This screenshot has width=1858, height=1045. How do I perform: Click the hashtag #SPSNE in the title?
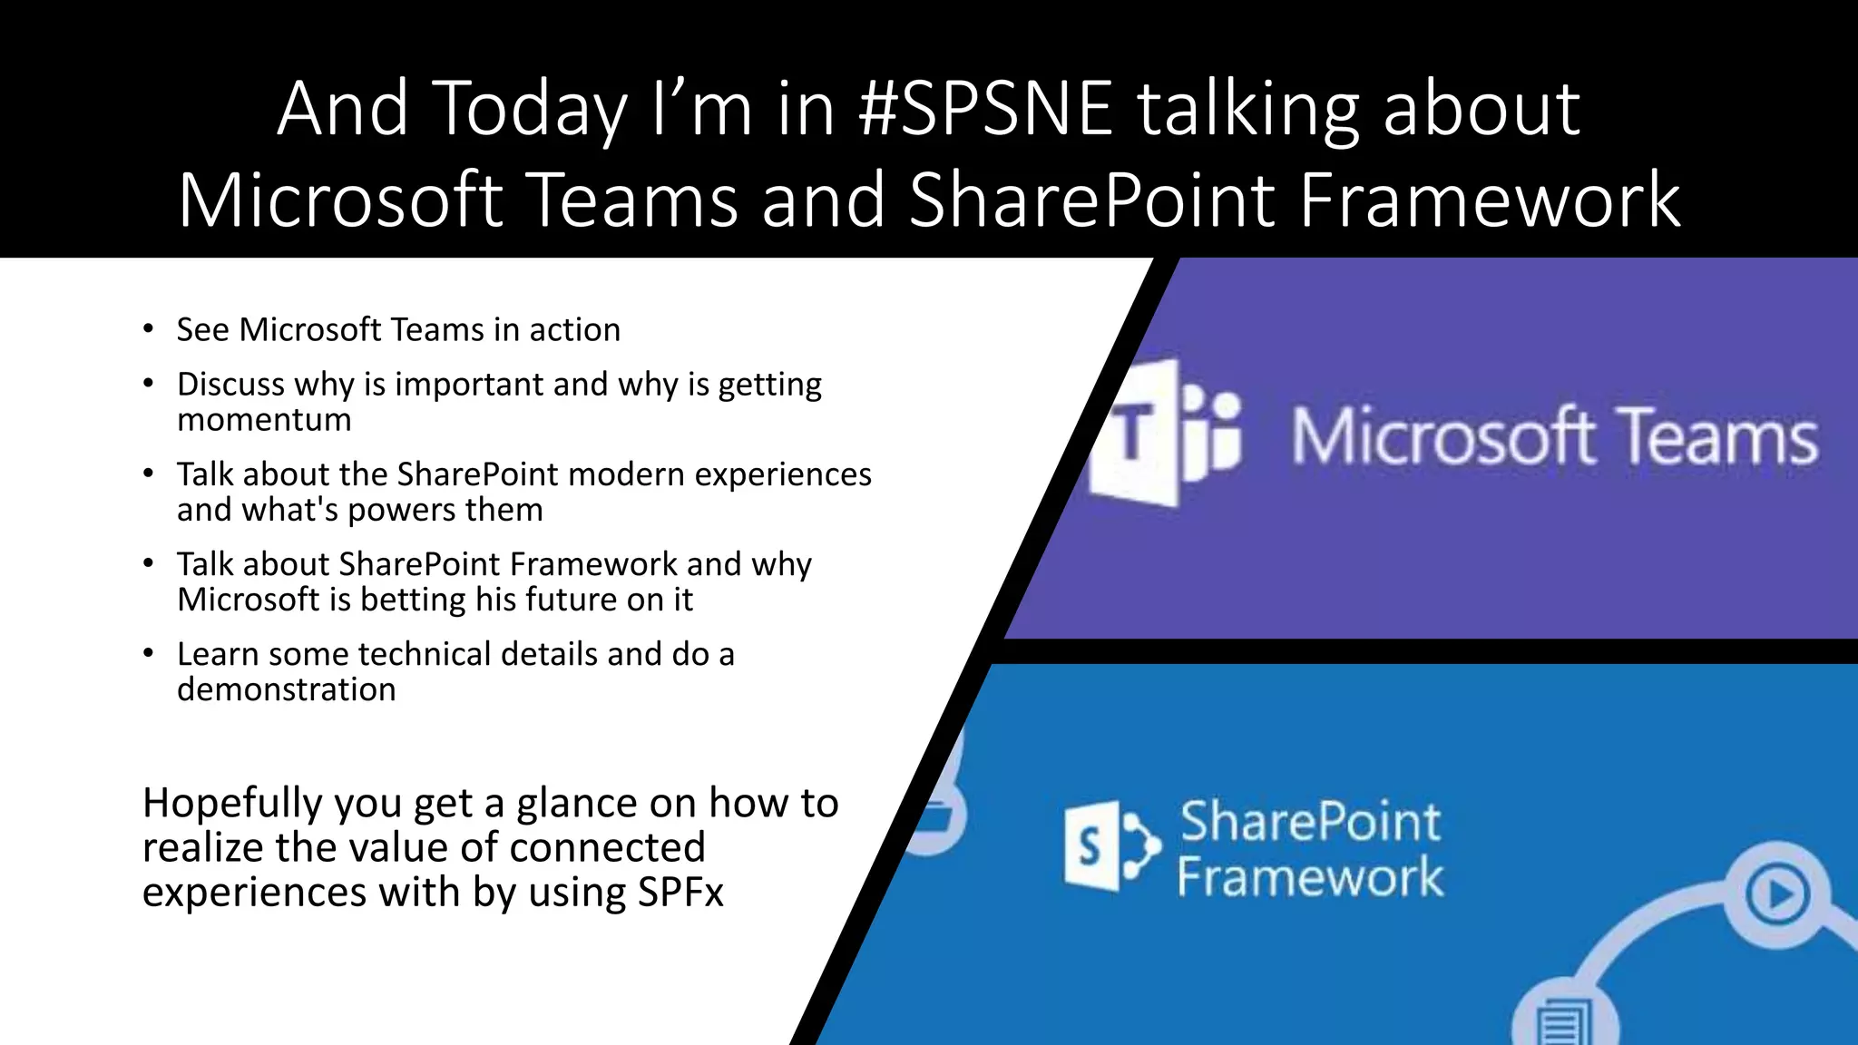pos(986,109)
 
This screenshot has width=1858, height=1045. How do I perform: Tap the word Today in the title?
pos(532,111)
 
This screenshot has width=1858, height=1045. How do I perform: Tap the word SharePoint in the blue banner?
pos(1309,821)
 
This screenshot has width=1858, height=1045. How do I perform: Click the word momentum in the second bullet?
pos(264,420)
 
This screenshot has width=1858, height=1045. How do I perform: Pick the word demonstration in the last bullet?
pos(286,689)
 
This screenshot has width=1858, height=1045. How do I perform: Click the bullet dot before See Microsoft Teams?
pos(148,329)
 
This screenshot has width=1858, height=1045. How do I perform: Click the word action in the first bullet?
pos(574,329)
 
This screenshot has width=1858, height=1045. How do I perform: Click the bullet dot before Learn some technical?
pos(148,653)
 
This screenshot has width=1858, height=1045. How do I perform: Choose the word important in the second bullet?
pos(469,384)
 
